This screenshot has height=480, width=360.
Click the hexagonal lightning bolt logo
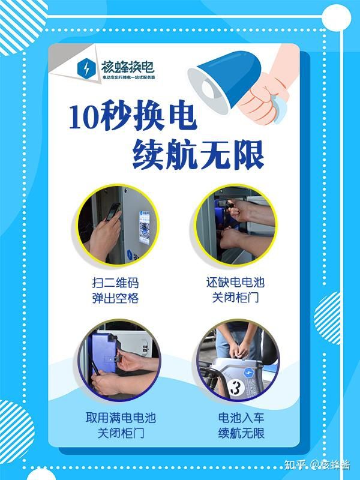point(86,70)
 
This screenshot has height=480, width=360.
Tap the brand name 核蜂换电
point(128,67)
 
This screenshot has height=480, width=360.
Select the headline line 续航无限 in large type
point(199,155)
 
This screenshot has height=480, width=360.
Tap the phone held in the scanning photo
point(113,211)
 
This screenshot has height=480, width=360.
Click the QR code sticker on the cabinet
point(145,227)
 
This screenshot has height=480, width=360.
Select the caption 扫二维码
point(115,283)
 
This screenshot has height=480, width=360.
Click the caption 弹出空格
point(115,298)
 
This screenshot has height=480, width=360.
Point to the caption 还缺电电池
point(235,282)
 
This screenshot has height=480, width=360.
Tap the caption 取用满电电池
point(121,418)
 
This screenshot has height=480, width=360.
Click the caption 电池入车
point(241,418)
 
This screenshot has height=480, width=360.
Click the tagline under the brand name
point(128,77)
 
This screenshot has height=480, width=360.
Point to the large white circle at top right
point(337,17)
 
